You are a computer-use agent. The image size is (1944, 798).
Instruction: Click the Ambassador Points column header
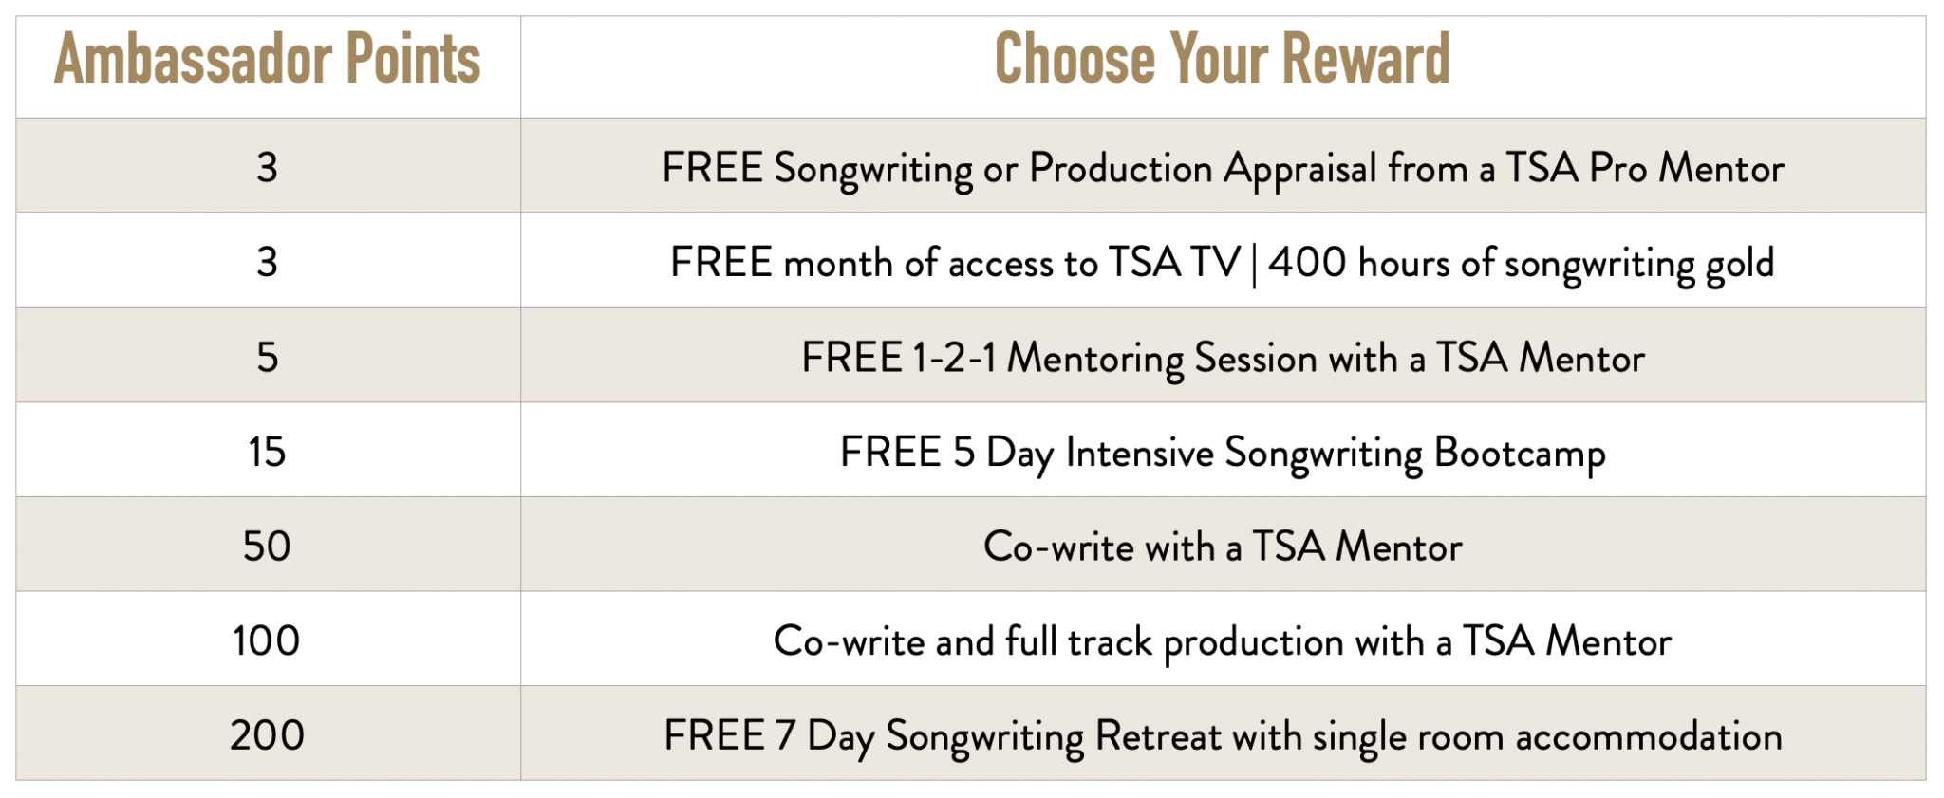(267, 59)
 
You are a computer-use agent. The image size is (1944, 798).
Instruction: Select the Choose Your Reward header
(1223, 59)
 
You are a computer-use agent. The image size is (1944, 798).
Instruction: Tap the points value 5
(267, 357)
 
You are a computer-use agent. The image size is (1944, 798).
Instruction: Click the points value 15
(267, 452)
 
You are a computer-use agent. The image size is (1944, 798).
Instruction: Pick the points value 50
(267, 547)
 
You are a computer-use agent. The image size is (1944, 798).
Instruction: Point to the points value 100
(267, 640)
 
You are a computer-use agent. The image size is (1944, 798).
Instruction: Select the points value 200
(267, 735)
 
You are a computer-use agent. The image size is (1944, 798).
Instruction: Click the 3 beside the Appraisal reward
(267, 168)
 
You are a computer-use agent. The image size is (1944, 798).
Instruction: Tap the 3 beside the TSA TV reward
(267, 262)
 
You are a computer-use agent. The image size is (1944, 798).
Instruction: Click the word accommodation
(1649, 737)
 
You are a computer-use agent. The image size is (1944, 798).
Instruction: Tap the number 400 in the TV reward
(1307, 263)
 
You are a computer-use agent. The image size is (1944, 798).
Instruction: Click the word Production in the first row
(1121, 168)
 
